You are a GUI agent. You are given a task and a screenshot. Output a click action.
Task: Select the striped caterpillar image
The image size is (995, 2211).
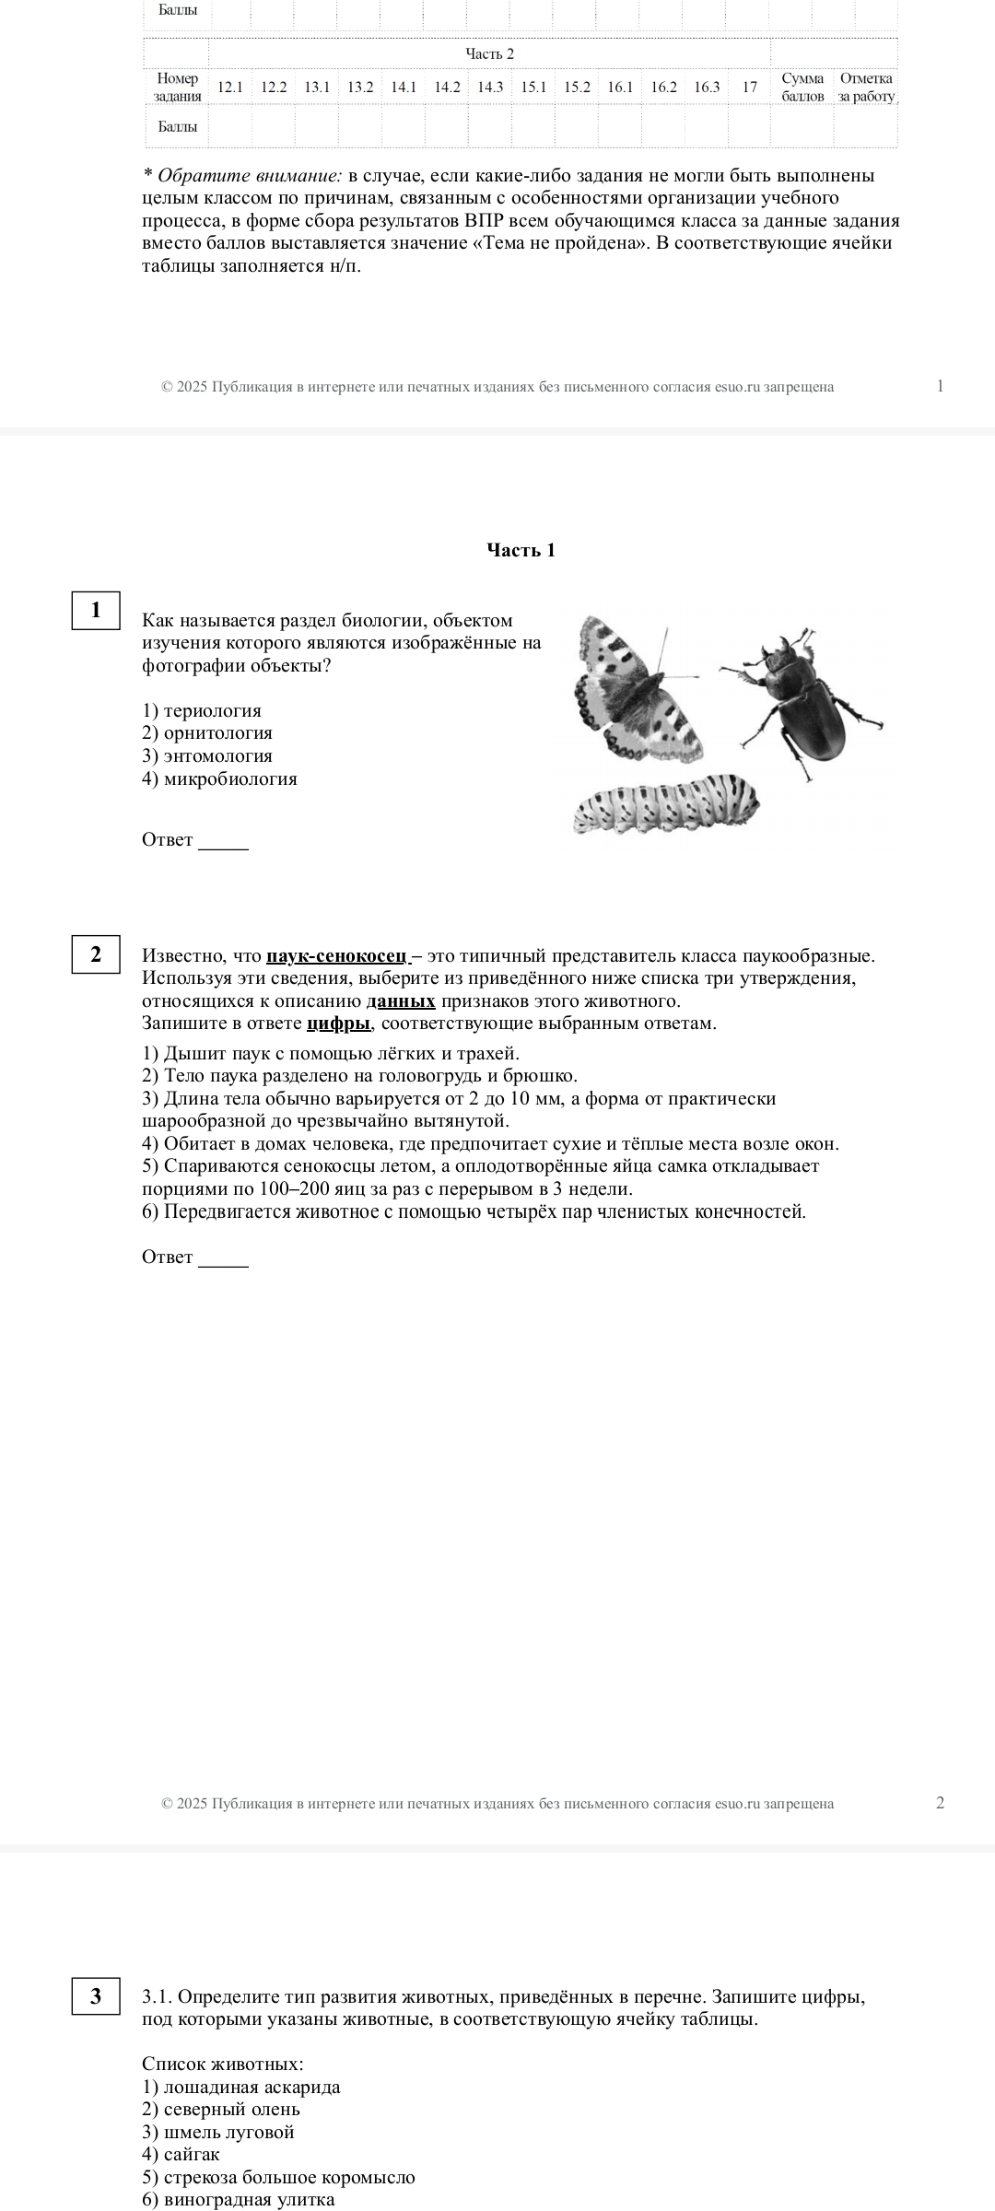665,803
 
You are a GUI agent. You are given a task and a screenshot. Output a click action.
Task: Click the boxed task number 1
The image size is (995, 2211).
96,611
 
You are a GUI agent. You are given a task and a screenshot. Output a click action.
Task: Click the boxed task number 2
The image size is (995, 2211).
96,954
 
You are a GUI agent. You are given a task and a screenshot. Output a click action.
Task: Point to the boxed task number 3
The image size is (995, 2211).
96,1996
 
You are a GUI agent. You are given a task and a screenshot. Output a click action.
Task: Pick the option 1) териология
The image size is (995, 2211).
202,711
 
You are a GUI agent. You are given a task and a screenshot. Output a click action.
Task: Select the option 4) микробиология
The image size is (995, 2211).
219,779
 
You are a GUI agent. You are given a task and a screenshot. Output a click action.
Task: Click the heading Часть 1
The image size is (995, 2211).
521,551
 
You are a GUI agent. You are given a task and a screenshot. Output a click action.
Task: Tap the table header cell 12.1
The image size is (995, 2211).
229,88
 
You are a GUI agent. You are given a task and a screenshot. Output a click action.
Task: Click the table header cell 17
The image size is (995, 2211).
750,88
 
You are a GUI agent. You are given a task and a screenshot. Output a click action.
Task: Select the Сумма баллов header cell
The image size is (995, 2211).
802,88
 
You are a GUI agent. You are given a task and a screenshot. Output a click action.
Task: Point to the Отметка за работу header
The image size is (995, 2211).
866,88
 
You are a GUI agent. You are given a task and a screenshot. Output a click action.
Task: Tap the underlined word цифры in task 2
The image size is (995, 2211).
338,1024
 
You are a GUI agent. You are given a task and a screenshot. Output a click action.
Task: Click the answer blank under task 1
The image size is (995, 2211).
224,842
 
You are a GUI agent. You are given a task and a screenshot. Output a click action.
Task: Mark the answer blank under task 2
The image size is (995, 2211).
224,1259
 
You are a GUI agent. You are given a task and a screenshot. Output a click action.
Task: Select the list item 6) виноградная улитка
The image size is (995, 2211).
239,2200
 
